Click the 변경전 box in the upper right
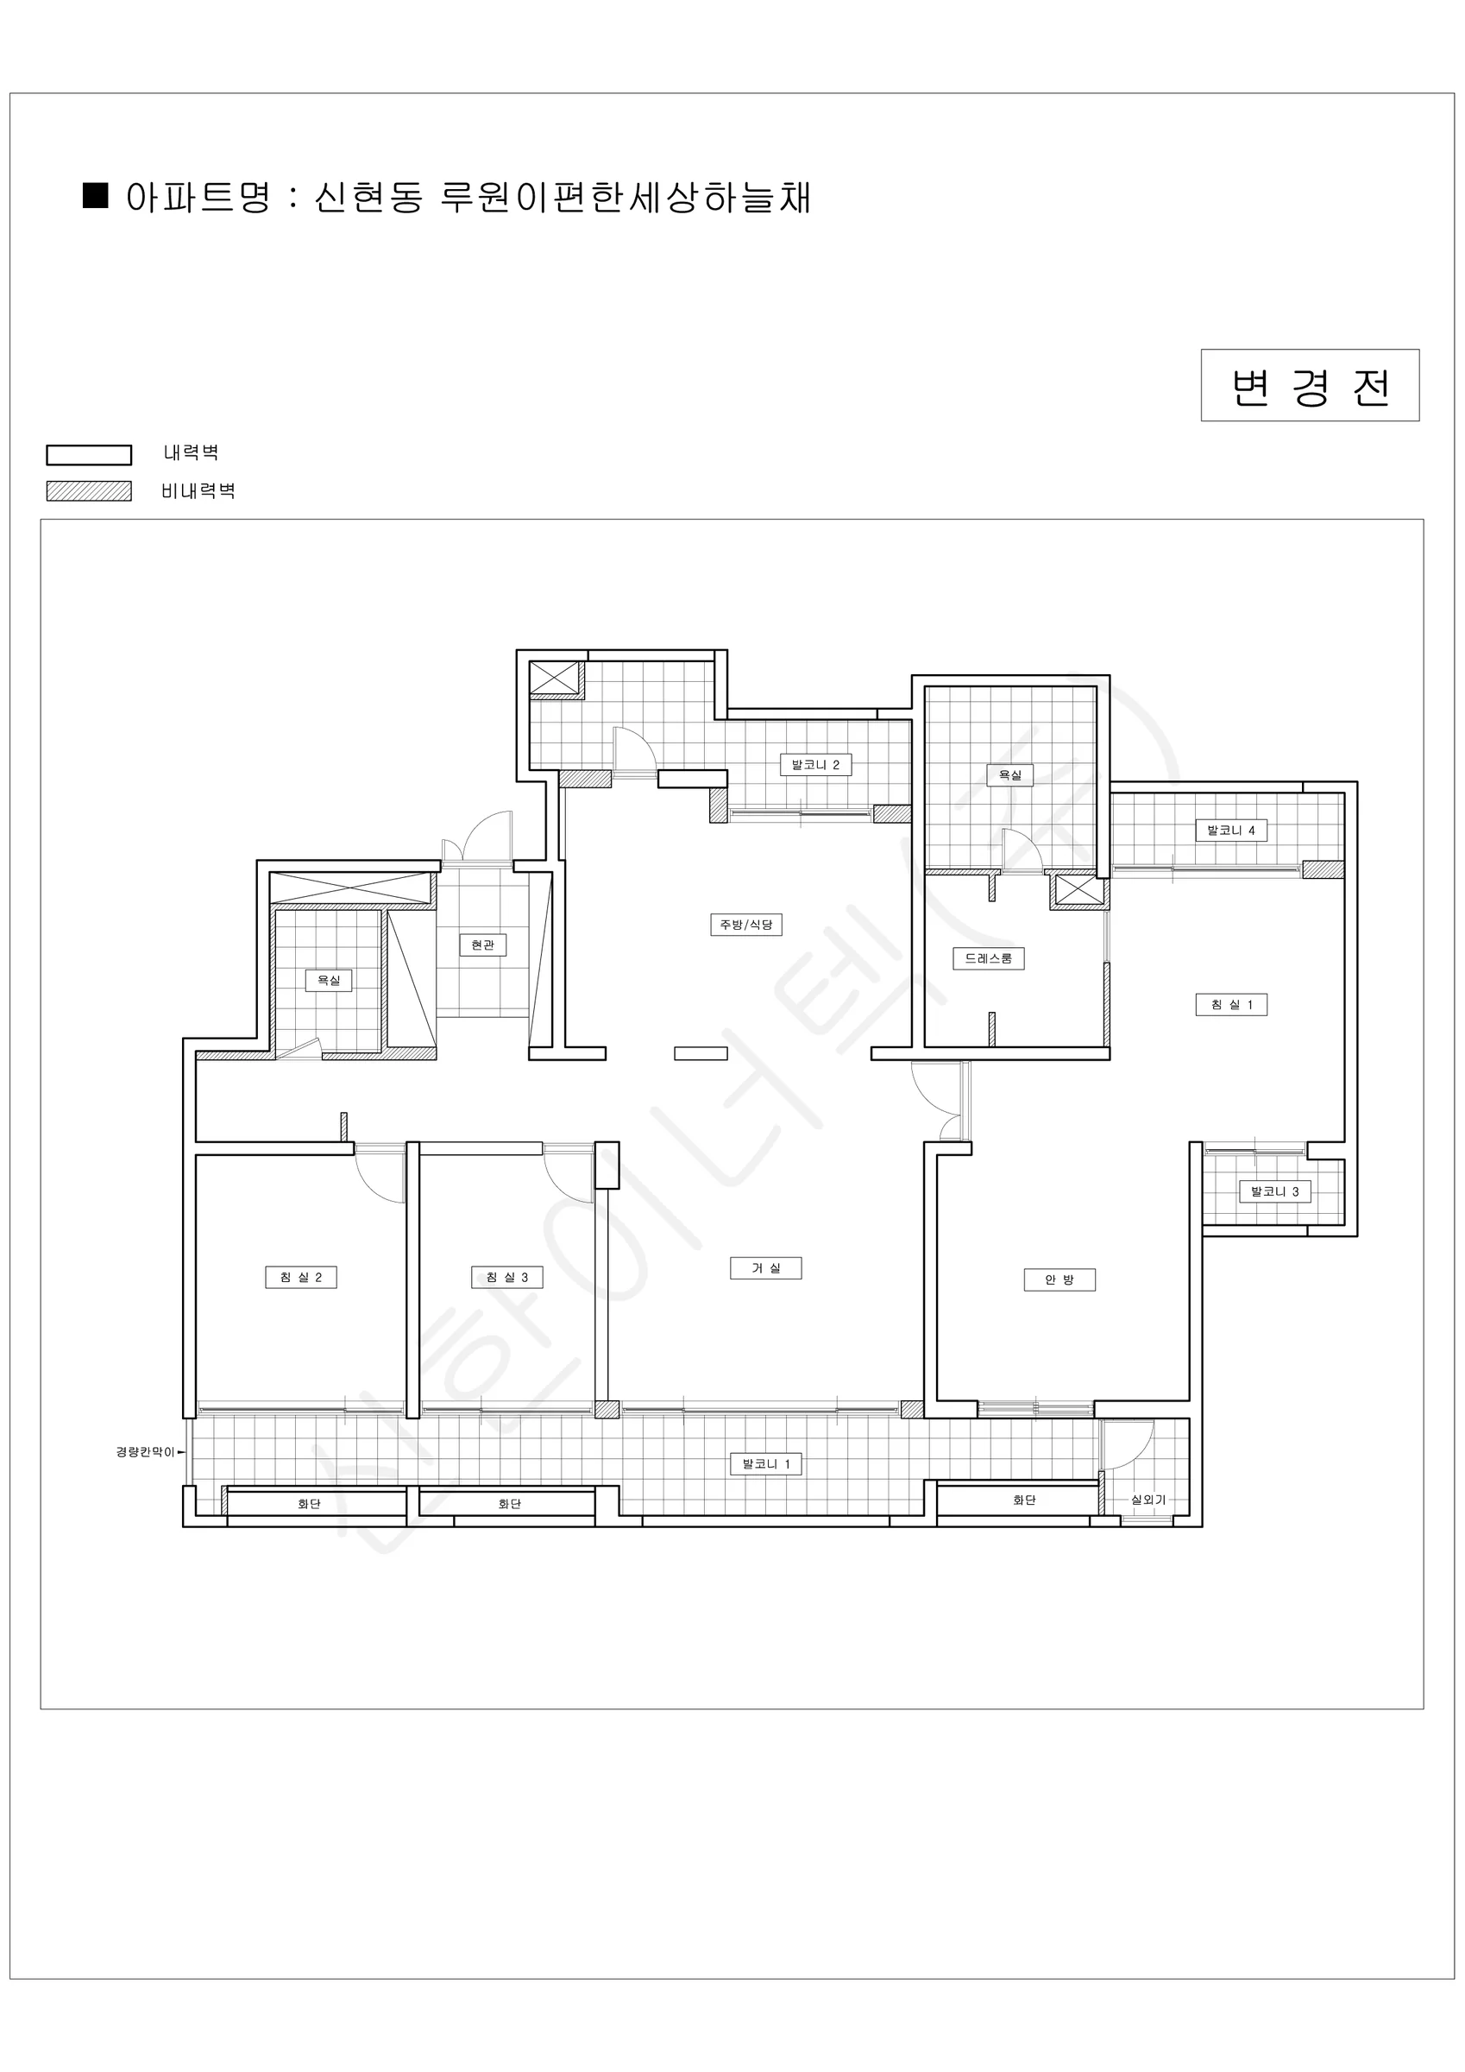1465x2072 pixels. tap(1309, 385)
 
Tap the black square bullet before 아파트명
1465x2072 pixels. tap(96, 195)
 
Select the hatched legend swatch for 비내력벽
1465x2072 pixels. tap(88, 491)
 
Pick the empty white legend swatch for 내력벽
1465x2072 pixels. tap(88, 455)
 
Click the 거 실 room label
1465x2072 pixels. tap(766, 1268)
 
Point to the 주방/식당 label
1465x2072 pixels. tap(746, 924)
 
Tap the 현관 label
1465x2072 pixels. tap(482, 944)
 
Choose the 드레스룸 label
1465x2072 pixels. tap(989, 958)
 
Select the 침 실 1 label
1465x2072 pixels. tap(1231, 1004)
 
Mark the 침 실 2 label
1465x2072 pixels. tap(300, 1277)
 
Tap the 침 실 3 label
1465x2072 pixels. tap(507, 1277)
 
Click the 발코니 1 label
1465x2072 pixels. tap(766, 1463)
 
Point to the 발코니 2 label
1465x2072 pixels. tap(815, 765)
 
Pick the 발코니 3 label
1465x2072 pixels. tap(1274, 1191)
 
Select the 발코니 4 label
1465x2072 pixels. tap(1231, 831)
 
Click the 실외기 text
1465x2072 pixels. tap(1148, 1500)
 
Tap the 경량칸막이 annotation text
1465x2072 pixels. tap(145, 1452)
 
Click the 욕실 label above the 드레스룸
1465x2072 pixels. tap(1010, 775)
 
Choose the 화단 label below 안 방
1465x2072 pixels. tap(1024, 1500)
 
